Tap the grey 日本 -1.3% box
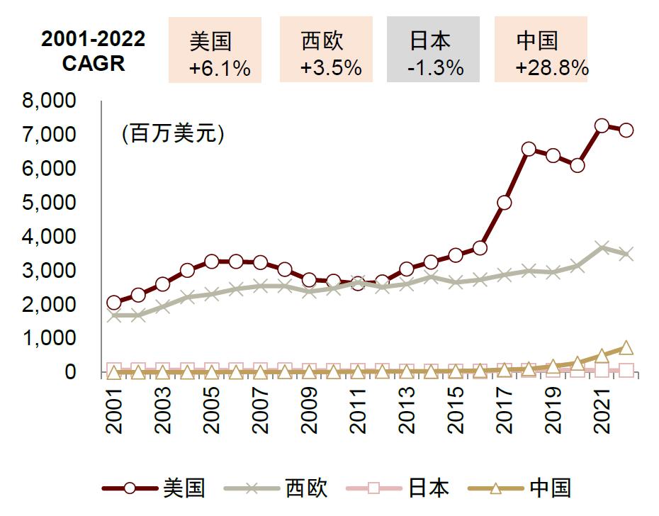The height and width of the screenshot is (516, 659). (x=433, y=50)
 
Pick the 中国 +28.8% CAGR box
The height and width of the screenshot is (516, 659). (x=541, y=50)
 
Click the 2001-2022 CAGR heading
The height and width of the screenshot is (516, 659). (x=93, y=51)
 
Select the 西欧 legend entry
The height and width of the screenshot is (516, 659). (x=276, y=488)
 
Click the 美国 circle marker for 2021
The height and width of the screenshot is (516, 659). (x=602, y=126)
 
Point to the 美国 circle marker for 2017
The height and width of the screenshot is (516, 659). (x=504, y=203)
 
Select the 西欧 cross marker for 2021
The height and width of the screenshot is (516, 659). (x=602, y=247)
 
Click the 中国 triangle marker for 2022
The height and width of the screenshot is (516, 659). (x=626, y=348)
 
